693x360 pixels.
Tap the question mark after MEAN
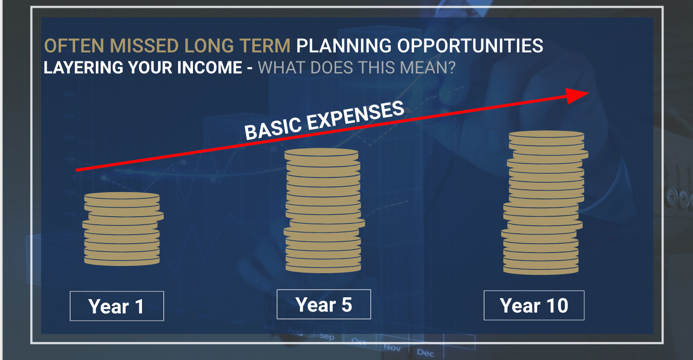click(x=451, y=68)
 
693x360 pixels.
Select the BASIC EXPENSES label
click(x=324, y=120)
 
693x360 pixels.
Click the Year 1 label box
click(x=117, y=306)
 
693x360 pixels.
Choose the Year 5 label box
click(x=324, y=304)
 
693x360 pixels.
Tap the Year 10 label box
click(x=534, y=305)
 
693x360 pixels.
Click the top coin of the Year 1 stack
click(x=122, y=196)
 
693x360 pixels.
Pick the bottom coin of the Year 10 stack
click(x=540, y=270)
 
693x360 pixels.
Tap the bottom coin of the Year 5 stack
click(x=323, y=268)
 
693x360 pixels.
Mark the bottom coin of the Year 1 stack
click(x=122, y=261)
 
